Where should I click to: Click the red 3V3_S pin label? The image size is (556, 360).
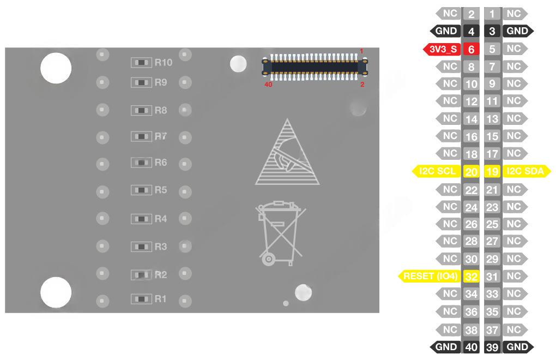click(442, 49)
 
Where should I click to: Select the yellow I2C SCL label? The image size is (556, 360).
click(438, 171)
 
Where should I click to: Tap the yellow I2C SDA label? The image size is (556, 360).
click(525, 171)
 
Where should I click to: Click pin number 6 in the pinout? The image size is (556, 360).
click(471, 49)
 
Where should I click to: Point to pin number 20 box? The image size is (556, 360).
click(471, 171)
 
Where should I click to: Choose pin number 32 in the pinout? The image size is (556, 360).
click(471, 276)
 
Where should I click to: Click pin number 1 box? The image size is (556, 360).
click(492, 14)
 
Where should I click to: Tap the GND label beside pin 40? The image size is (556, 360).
click(446, 347)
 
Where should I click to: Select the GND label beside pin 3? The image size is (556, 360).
click(517, 31)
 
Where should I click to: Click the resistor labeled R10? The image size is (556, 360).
click(141, 62)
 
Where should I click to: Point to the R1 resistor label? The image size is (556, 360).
click(160, 299)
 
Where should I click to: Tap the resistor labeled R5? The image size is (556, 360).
click(141, 190)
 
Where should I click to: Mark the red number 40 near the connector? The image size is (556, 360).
click(268, 85)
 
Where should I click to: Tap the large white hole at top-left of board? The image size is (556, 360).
click(56, 68)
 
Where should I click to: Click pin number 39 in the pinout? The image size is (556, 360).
click(492, 347)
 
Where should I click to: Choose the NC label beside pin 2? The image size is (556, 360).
click(450, 14)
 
